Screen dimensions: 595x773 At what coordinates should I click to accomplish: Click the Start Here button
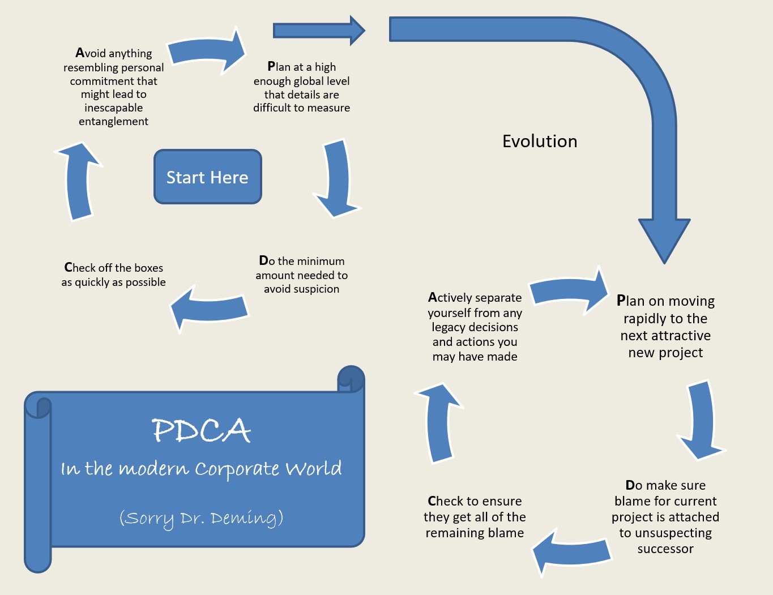click(x=207, y=177)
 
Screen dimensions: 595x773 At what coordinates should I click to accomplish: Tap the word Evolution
click(x=540, y=142)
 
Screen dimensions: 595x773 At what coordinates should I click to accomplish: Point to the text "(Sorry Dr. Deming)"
click(x=201, y=518)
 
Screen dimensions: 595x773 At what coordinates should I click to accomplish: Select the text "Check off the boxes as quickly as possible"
click(x=114, y=275)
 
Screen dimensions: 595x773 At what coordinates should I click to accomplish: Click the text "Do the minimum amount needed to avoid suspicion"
click(x=301, y=275)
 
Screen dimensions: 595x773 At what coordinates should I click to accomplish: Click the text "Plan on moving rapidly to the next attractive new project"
click(x=665, y=327)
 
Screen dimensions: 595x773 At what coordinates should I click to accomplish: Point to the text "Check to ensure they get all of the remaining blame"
click(x=475, y=516)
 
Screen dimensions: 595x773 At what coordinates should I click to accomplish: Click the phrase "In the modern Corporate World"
click(x=201, y=469)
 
